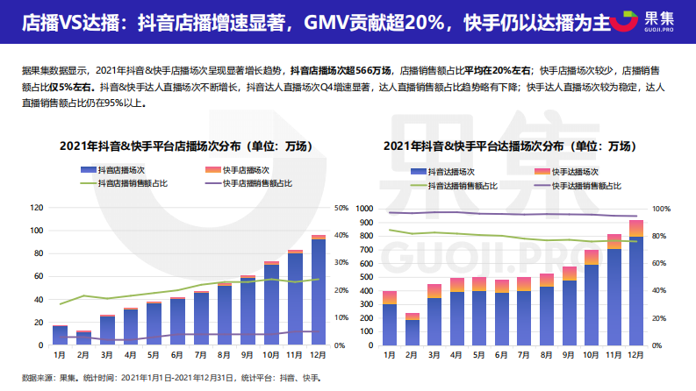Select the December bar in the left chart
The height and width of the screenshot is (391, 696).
[x=319, y=290]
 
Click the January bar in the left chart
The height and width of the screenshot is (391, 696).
[x=60, y=335]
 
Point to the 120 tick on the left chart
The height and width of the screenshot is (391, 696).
[x=36, y=208]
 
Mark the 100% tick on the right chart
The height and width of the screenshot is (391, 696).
[x=660, y=210]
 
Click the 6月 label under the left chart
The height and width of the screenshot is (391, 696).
[x=177, y=355]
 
